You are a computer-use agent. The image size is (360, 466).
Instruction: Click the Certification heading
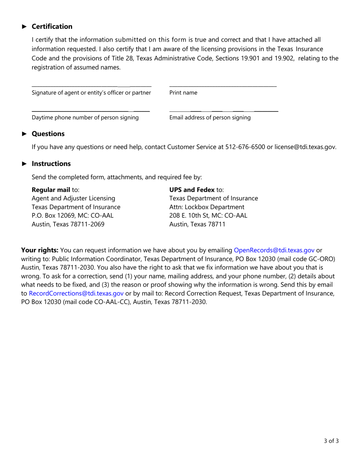click(x=52, y=27)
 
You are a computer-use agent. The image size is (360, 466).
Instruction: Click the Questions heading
click(x=48, y=134)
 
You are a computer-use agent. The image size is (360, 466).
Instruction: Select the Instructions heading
click(x=51, y=164)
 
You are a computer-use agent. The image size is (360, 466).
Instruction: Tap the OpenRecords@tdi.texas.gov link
click(x=274, y=250)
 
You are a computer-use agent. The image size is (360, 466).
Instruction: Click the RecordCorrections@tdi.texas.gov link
click(x=76, y=293)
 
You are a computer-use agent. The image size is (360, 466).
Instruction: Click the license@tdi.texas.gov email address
click(x=305, y=147)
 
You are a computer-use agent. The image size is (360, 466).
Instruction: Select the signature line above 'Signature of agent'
click(x=91, y=86)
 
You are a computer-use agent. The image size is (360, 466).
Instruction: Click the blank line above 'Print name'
click(x=223, y=86)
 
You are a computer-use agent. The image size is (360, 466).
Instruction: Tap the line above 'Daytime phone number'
click(x=91, y=111)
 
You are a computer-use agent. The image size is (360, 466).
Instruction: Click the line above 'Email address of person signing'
click(x=224, y=111)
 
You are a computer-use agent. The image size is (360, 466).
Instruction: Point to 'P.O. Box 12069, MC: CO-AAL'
click(x=72, y=216)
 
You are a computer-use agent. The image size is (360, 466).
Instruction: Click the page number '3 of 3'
click(x=331, y=441)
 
